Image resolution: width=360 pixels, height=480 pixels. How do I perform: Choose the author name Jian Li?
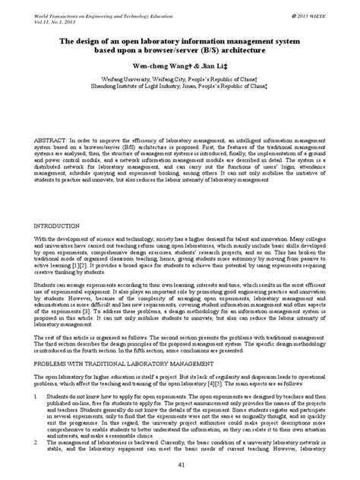(x=207, y=65)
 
